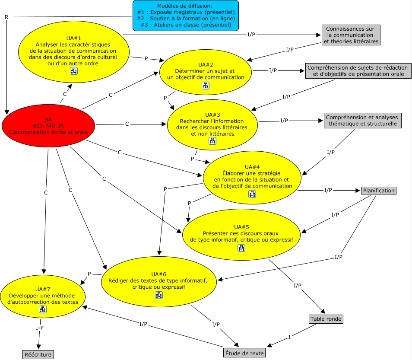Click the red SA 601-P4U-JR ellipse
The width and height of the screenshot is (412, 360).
(x=48, y=126)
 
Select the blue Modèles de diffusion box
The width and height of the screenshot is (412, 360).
(x=186, y=16)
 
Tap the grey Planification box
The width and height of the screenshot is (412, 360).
(x=379, y=191)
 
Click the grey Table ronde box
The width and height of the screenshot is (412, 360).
(x=326, y=319)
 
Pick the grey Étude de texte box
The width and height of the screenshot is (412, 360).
(x=244, y=353)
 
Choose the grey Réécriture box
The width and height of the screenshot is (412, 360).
(x=38, y=354)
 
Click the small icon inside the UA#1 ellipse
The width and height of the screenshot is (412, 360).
(x=74, y=71)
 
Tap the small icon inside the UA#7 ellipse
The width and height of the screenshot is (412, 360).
(x=43, y=309)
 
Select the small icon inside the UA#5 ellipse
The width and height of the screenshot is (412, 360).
(x=241, y=248)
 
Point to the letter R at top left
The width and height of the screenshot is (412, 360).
(x=6, y=17)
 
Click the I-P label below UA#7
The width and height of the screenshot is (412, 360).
(x=40, y=328)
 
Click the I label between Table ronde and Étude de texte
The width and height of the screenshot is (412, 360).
(x=289, y=337)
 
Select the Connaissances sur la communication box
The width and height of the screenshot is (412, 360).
(x=351, y=35)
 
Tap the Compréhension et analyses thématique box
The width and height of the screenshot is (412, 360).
(x=363, y=121)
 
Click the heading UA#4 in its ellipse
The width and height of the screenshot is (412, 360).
(x=252, y=167)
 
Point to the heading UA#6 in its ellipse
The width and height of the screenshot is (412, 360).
(x=158, y=274)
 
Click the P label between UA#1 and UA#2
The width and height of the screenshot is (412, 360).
(x=146, y=59)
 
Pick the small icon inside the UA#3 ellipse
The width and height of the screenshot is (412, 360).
(x=212, y=141)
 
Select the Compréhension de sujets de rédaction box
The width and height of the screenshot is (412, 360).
(x=358, y=71)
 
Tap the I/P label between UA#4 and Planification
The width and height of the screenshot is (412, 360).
(x=328, y=190)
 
